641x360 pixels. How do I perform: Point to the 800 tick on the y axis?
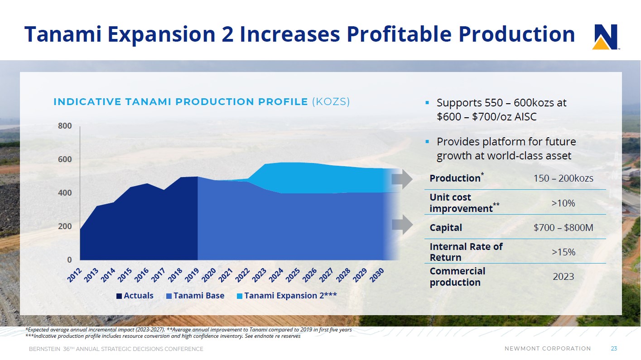[65, 126]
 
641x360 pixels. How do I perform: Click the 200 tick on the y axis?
[65, 226]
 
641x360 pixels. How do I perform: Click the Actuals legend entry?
[135, 296]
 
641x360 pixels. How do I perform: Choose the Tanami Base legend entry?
[195, 296]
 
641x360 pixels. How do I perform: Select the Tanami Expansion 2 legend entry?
[287, 296]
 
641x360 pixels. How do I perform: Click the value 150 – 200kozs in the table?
[563, 178]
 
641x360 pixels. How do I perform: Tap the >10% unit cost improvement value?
[563, 203]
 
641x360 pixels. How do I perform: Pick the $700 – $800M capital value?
[563, 228]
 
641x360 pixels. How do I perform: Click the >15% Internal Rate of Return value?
[563, 252]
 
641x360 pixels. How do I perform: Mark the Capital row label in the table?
[446, 228]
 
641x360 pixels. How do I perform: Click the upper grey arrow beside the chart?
[402, 180]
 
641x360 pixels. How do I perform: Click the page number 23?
[614, 349]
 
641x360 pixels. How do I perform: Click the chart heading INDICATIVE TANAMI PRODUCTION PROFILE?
[180, 102]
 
